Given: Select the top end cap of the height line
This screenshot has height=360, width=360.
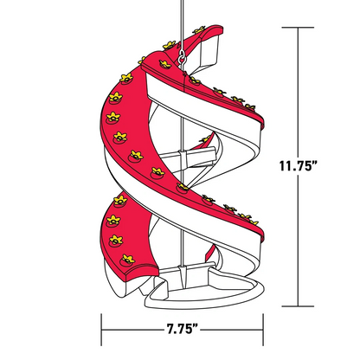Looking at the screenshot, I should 299,28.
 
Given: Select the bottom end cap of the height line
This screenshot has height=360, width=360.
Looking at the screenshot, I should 299,305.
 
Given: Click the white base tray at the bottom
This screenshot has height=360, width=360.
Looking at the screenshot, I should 208,294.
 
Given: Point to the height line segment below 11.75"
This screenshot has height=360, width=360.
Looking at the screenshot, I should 299,242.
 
